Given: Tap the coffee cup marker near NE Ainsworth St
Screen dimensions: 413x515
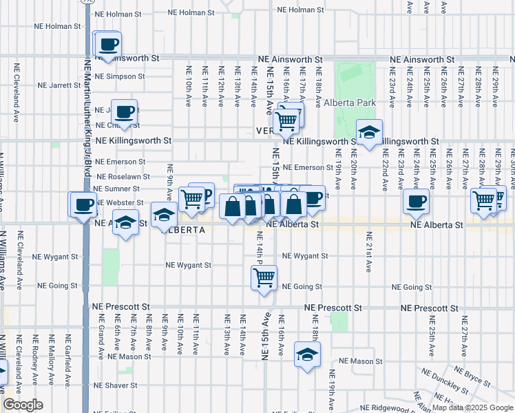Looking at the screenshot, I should pyautogui.click(x=109, y=46).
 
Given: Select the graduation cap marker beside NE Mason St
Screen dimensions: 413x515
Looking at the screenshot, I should pyautogui.click(x=307, y=355).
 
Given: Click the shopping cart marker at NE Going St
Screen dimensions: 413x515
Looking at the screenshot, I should pyautogui.click(x=264, y=279).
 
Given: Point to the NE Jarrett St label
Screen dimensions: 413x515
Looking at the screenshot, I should pyautogui.click(x=59, y=85).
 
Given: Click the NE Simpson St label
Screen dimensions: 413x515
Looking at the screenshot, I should pyautogui.click(x=120, y=76).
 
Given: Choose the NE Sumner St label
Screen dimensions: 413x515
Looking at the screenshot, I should pyautogui.click(x=118, y=188).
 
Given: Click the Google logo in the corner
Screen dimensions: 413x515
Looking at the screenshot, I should pyautogui.click(x=23, y=405).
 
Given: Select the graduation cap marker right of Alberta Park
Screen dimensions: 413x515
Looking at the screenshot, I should pyautogui.click(x=369, y=133).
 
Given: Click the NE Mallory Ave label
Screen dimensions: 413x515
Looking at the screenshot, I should pyautogui.click(x=51, y=352).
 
